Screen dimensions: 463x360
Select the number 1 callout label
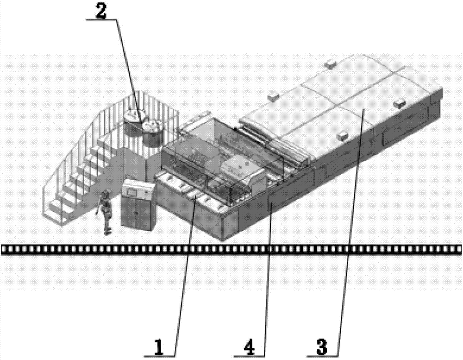(158, 347)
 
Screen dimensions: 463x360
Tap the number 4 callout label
(249, 347)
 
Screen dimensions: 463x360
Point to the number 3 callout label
(322, 347)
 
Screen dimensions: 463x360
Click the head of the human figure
(104, 194)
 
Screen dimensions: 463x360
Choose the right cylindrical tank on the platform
(153, 133)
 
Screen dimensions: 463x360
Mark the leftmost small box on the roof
(273, 97)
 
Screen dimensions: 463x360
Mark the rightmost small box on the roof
(400, 103)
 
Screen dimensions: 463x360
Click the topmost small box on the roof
(331, 63)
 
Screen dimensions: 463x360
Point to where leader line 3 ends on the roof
(363, 109)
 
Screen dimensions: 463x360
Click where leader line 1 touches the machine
(194, 199)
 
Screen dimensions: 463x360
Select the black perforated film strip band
(231, 249)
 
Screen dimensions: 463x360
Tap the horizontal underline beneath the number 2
(101, 19)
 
